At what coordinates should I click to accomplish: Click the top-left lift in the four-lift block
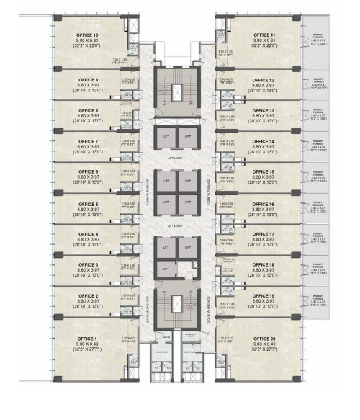tap(166, 181)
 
